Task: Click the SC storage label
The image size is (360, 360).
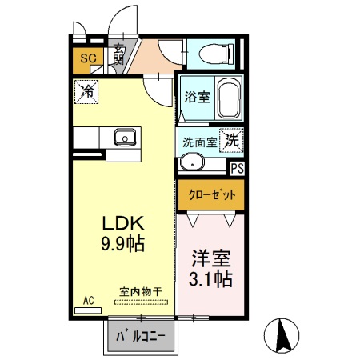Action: click(87, 58)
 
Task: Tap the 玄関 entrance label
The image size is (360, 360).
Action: click(118, 54)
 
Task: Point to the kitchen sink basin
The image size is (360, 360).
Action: click(126, 138)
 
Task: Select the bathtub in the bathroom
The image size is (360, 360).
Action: click(228, 99)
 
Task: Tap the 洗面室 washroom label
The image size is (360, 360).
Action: click(200, 142)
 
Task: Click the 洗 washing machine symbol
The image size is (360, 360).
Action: click(231, 139)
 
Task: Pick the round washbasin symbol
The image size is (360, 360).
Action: click(192, 164)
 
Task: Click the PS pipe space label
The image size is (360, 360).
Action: click(237, 169)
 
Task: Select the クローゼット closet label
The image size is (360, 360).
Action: click(211, 194)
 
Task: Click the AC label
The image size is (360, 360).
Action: click(89, 300)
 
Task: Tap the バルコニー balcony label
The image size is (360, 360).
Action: click(140, 337)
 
